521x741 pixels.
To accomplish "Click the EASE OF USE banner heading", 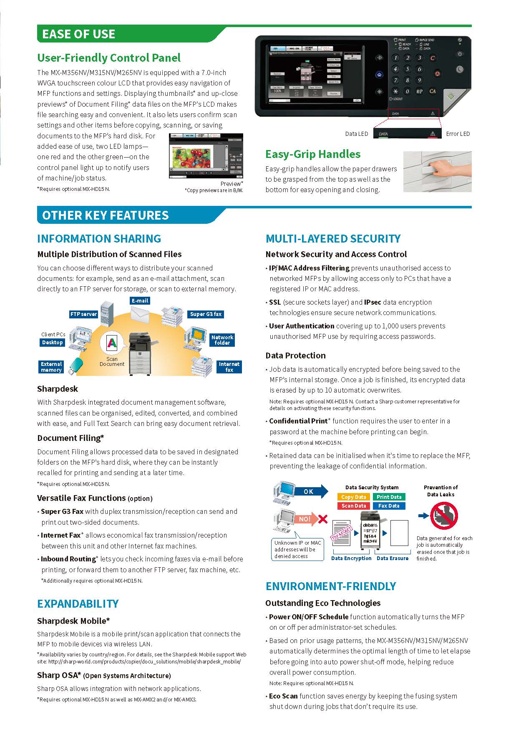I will click(79, 34).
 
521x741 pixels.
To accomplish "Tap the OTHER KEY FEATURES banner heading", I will click(105, 215).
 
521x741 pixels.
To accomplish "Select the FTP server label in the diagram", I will click(83, 314).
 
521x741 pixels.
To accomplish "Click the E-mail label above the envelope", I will click(140, 300).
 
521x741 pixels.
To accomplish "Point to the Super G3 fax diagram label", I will click(206, 314).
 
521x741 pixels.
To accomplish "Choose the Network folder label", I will click(222, 340).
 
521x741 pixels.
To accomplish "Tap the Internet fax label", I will click(229, 367).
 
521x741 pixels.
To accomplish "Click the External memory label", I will click(51, 367).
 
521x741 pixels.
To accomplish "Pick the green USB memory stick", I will click(76, 365).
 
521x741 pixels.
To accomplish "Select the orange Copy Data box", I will click(353, 497).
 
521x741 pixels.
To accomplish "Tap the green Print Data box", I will click(389, 497).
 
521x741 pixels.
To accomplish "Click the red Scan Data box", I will click(353, 506).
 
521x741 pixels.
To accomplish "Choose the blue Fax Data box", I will click(389, 506).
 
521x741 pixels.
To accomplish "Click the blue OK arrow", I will click(311, 491).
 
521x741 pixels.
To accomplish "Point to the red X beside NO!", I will click(322, 519).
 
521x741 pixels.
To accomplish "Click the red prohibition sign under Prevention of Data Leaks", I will click(444, 516).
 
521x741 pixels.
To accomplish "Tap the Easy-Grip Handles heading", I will click(313, 154).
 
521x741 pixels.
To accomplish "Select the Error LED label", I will click(458, 134).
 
